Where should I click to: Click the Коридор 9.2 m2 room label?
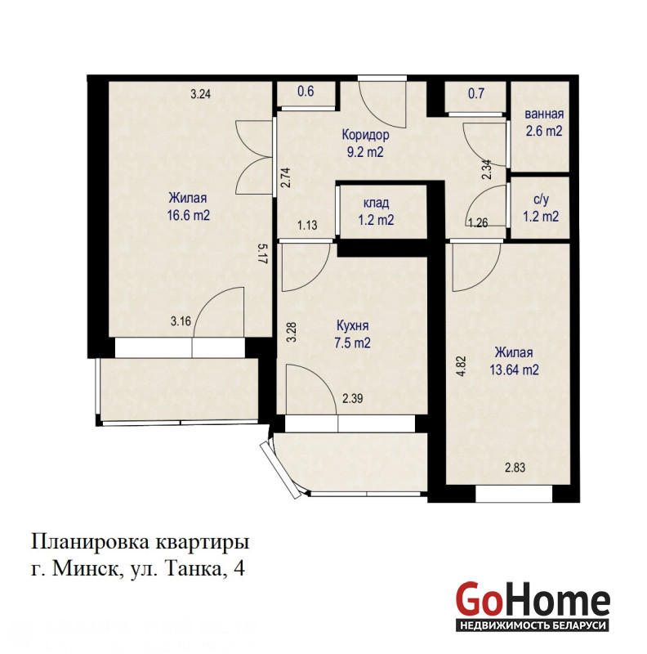coord(365,143)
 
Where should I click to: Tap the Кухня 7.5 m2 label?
coord(352,334)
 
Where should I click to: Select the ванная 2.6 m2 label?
coord(544,122)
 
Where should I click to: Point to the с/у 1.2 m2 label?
coord(541,208)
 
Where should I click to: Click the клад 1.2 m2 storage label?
coord(376,211)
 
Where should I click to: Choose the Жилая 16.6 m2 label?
coord(188,206)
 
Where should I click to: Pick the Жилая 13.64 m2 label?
coord(514,361)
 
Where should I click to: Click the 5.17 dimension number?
coord(262,253)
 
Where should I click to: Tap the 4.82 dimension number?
coord(461,366)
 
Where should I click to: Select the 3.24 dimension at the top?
coord(200,94)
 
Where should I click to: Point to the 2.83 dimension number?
coord(515,468)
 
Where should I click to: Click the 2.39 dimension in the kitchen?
coord(353,398)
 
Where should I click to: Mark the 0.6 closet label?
coord(306,91)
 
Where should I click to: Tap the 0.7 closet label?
coord(476,93)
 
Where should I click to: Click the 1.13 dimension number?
coord(307,226)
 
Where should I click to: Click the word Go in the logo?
coord(478,599)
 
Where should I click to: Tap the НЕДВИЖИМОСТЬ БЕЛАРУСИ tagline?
coord(532,625)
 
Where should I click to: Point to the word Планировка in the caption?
coord(91,542)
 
